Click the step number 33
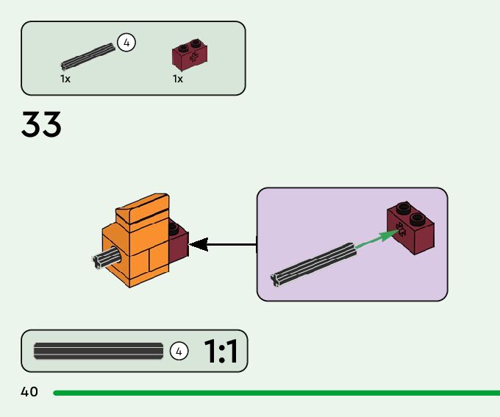point(41,124)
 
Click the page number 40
point(29,392)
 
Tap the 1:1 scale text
point(221,353)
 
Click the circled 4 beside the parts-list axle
point(126,43)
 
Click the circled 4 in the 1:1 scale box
point(179,352)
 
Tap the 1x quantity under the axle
point(65,78)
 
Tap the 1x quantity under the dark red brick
point(178,78)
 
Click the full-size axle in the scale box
point(99,352)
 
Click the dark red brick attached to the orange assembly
point(178,243)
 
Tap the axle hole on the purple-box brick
point(401,229)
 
